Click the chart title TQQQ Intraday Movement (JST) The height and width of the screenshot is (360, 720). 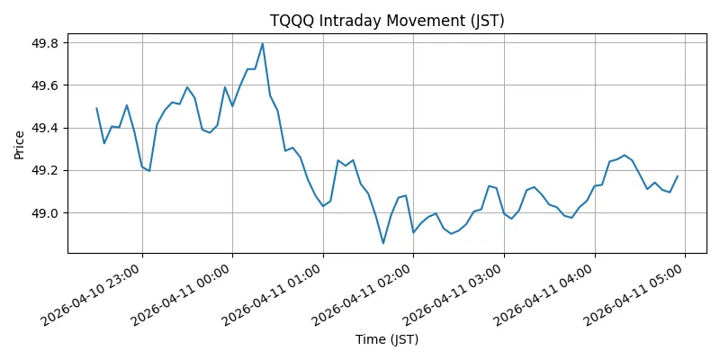pyautogui.click(x=387, y=21)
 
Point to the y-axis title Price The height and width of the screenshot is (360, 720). pyautogui.click(x=19, y=143)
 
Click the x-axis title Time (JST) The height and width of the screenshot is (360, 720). pyautogui.click(x=387, y=340)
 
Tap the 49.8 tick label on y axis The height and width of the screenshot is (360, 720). pyautogui.click(x=44, y=43)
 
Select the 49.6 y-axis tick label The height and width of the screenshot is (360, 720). pyautogui.click(x=44, y=85)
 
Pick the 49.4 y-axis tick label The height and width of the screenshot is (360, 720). pyautogui.click(x=44, y=128)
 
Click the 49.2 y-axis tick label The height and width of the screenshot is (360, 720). pyautogui.click(x=44, y=170)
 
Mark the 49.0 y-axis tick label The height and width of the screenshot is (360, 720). pyautogui.click(x=44, y=213)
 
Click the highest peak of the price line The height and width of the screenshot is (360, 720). pyautogui.click(x=262, y=43)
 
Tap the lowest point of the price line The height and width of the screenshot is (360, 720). pyautogui.click(x=382, y=243)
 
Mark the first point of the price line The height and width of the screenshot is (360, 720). pyautogui.click(x=96, y=108)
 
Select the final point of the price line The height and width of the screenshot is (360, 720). pyautogui.click(x=678, y=176)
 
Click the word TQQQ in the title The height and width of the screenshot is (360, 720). pyautogui.click(x=290, y=21)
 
